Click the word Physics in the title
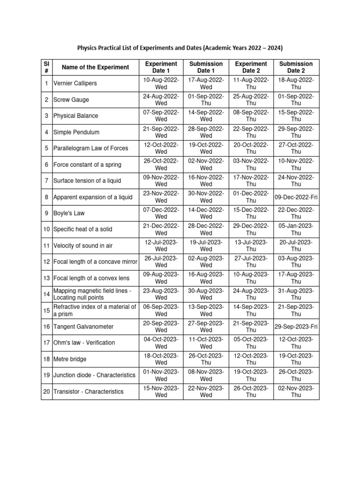[x=88, y=48]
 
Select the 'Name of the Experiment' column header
[x=95, y=67]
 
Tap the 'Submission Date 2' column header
[x=296, y=67]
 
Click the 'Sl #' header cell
[x=46, y=67]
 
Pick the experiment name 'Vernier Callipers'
[x=75, y=83]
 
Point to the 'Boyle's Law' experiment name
[x=69, y=213]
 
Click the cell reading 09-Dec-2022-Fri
[x=296, y=197]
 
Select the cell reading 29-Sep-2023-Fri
[x=296, y=326]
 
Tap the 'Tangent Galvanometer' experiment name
[x=83, y=326]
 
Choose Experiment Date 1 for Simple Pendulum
[x=161, y=132]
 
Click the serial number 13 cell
[x=46, y=278]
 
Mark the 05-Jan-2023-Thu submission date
[x=296, y=229]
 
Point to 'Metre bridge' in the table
[x=70, y=359]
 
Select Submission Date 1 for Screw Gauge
[x=206, y=99]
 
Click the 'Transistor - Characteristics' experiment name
[x=88, y=391]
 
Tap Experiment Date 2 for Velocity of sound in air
[x=251, y=246]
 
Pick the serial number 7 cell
[x=46, y=181]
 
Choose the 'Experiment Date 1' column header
[x=161, y=67]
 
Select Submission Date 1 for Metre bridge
[x=206, y=359]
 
